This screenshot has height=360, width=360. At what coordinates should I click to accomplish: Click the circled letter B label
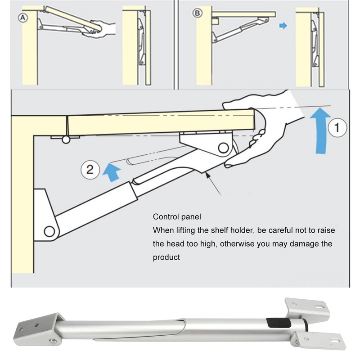tap(197, 13)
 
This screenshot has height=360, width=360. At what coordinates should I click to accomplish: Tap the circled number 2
tap(90, 170)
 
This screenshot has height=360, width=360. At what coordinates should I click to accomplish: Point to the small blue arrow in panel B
tap(283, 27)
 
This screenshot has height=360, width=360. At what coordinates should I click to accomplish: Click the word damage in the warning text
tap(306, 244)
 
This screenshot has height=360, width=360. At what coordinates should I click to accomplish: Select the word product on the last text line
tap(166, 257)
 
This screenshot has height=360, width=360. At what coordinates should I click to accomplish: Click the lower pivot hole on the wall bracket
tap(49, 231)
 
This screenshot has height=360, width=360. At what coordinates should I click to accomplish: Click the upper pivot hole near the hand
tap(222, 147)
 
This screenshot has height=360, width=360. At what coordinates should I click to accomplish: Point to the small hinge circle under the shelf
tap(66, 140)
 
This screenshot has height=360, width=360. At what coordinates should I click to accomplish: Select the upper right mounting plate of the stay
tap(310, 307)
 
